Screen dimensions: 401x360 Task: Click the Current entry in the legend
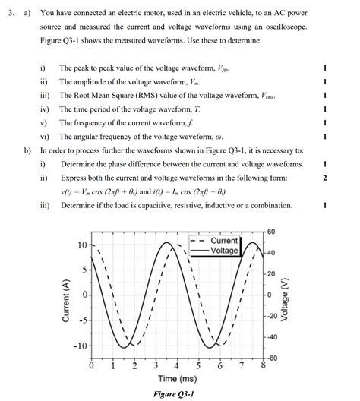coord(224,241)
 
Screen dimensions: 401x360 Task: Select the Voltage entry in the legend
coord(224,251)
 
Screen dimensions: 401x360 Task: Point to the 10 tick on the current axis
coord(81,245)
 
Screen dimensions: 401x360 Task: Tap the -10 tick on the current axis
coord(78,346)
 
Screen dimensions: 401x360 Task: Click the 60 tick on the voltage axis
coord(271,231)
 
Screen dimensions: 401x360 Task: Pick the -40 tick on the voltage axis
coord(272,336)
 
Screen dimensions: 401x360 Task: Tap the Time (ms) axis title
coord(177,378)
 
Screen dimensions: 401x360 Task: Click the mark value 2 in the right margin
coord(324,178)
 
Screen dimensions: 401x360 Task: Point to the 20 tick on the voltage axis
coord(271,273)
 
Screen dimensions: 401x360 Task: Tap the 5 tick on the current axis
coord(84,270)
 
